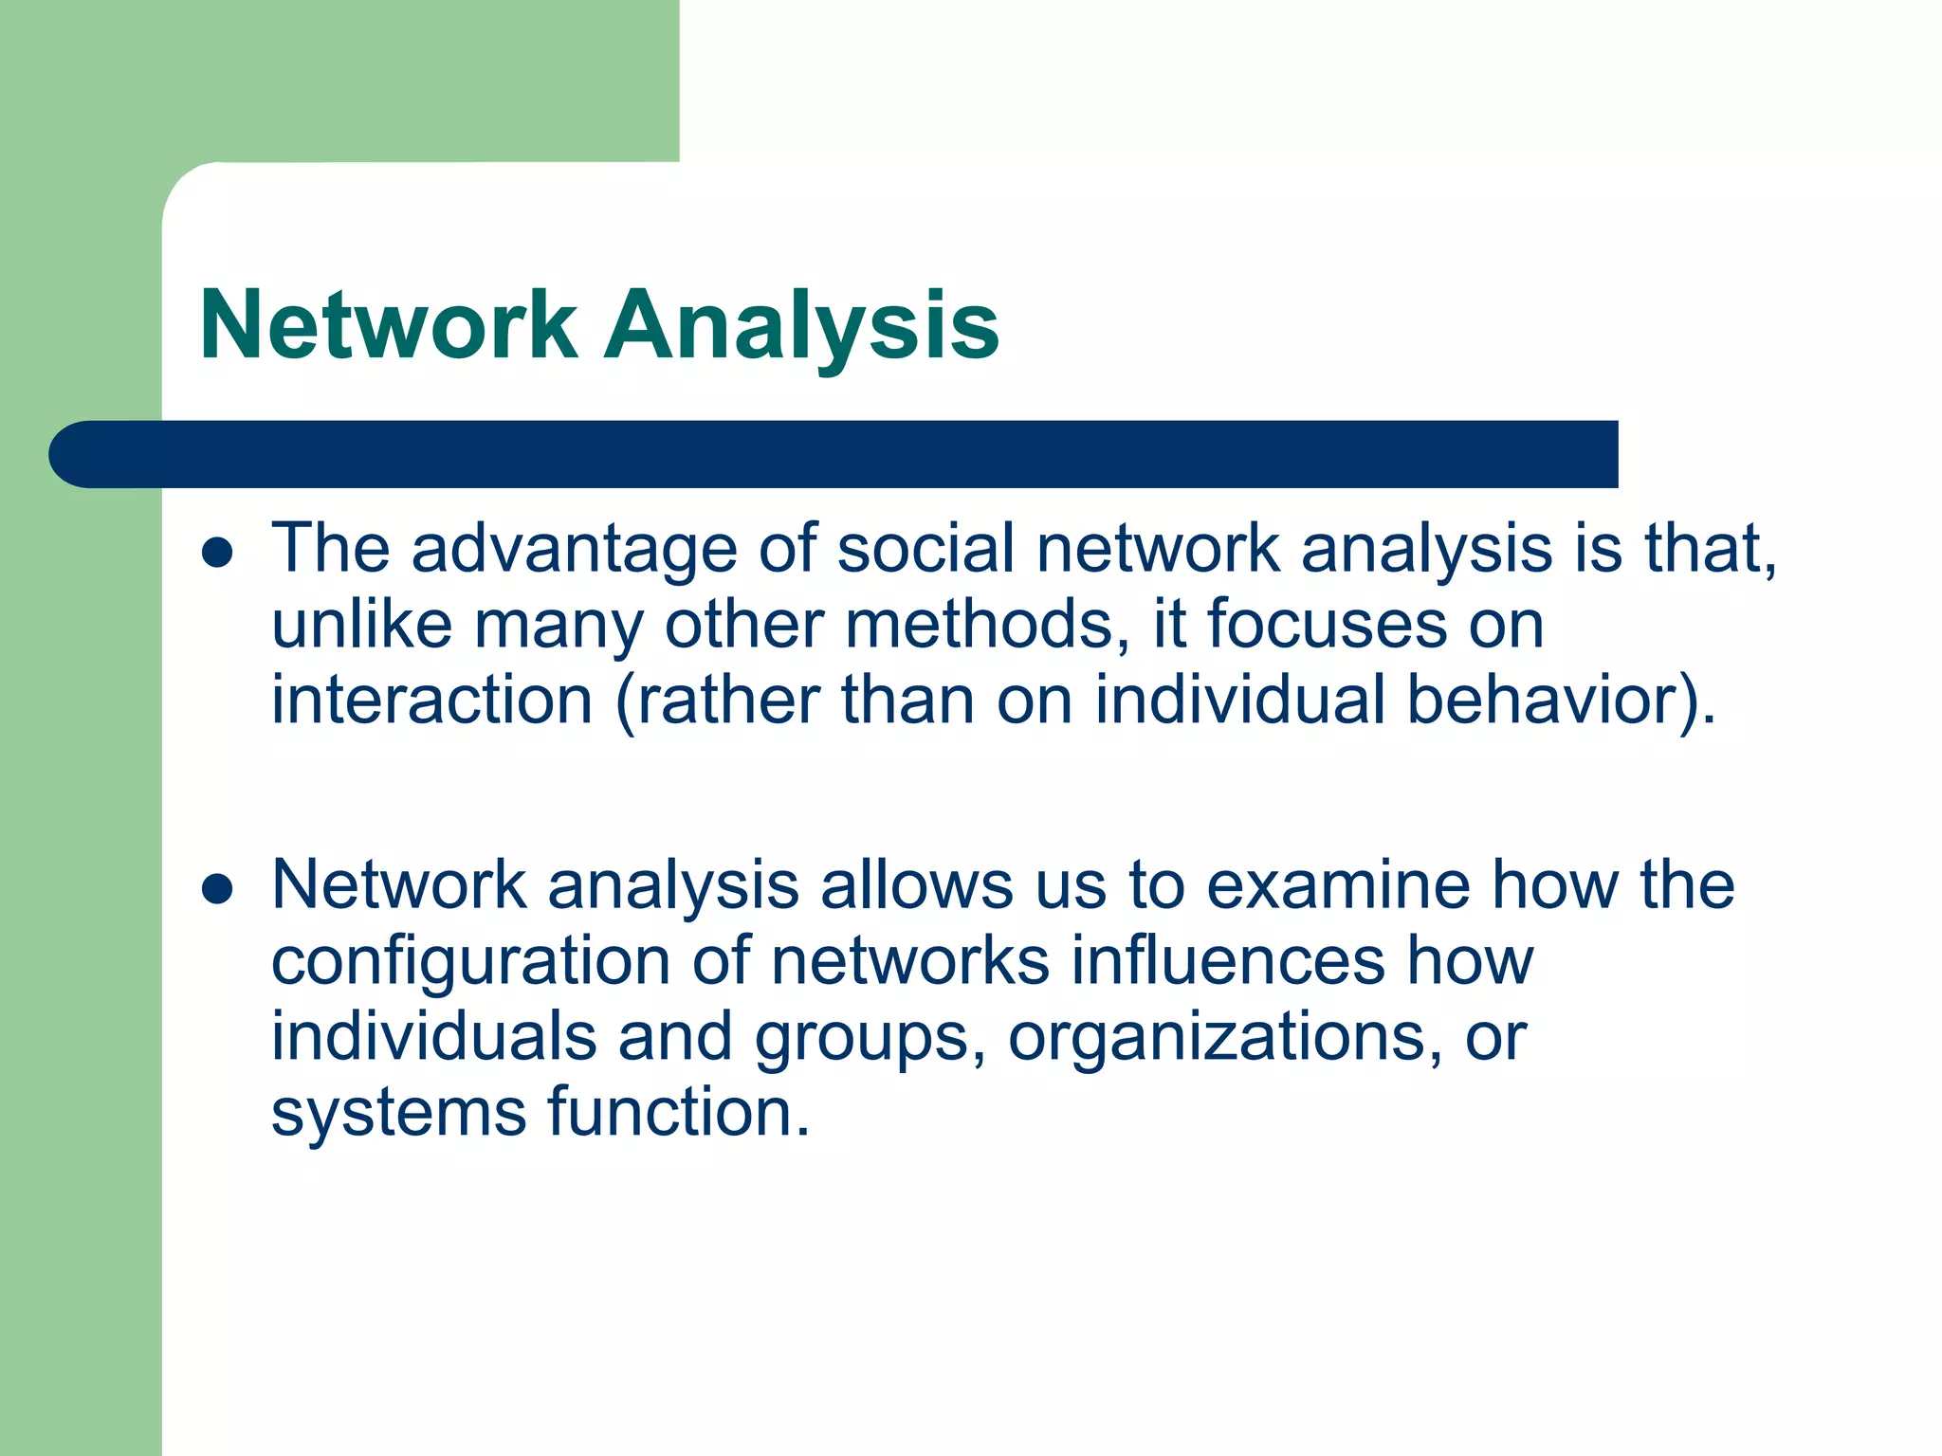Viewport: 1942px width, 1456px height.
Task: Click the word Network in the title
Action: coord(389,326)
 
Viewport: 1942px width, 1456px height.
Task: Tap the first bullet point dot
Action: coord(218,553)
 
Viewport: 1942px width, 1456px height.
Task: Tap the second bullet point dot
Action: coord(218,889)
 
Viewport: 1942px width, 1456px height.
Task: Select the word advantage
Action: coord(574,550)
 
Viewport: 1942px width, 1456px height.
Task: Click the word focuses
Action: coord(1327,625)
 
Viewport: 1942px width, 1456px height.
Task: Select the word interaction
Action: coord(432,701)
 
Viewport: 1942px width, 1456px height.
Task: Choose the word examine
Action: coord(1338,885)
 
